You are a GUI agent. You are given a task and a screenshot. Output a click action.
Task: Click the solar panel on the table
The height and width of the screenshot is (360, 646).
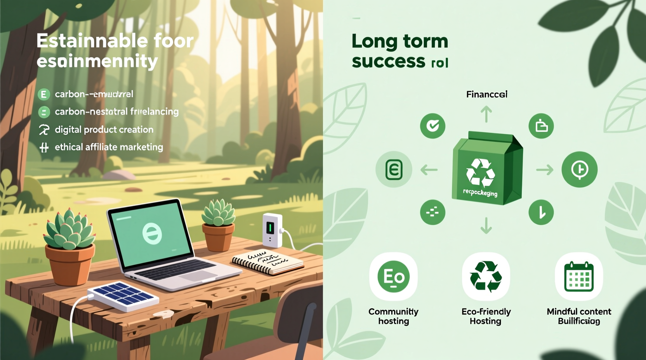[x=123, y=296]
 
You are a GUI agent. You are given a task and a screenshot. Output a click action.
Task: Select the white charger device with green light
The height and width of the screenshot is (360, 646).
[x=272, y=229]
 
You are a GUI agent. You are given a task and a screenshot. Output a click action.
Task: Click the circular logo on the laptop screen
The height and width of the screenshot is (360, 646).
[x=152, y=233]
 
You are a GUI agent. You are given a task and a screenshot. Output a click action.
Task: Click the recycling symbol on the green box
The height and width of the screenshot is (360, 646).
[x=481, y=172]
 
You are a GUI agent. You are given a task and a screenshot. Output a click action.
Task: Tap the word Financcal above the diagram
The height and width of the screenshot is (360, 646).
[x=486, y=94]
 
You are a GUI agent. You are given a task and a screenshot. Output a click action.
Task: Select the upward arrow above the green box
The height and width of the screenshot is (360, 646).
[x=486, y=115]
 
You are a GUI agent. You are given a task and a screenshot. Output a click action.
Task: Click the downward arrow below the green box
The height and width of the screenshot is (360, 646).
[x=486, y=225]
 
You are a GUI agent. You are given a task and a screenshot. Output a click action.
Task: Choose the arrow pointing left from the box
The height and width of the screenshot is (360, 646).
[x=429, y=170]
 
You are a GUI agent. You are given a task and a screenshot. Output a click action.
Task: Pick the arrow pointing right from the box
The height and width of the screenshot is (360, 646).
[x=544, y=170]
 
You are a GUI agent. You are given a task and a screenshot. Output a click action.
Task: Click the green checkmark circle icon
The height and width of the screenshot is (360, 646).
[x=432, y=126]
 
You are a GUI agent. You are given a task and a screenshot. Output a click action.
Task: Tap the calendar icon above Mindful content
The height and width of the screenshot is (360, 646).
[x=579, y=277]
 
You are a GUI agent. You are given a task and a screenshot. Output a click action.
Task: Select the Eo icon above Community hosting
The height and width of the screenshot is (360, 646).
[x=394, y=277]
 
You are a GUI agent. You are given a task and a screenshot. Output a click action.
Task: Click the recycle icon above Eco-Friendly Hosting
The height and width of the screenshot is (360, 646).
[x=486, y=277]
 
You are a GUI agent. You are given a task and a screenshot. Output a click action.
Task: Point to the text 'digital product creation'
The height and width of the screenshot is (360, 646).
[x=104, y=130]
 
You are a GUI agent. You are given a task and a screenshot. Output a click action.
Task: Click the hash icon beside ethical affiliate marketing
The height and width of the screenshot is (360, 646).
[x=44, y=147]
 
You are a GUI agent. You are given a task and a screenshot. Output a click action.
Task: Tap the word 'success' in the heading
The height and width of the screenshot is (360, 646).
[x=389, y=61]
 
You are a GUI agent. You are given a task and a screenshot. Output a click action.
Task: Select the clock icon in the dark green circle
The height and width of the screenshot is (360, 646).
[x=579, y=170]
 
